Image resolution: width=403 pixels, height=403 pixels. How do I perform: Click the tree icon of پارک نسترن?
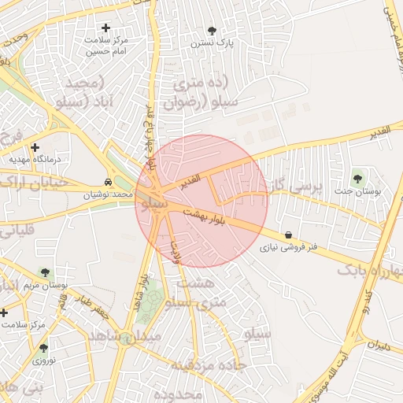point(212,31)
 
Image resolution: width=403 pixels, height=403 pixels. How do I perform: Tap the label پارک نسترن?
point(213,44)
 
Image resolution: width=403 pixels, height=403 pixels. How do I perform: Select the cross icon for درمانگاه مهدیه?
point(35,147)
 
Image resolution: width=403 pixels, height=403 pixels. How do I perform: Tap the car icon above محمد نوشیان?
point(108,180)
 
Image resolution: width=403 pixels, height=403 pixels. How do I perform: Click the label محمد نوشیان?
point(108,194)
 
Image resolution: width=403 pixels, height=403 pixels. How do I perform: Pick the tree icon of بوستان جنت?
point(359,178)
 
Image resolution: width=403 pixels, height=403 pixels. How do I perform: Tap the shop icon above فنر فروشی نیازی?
point(289,235)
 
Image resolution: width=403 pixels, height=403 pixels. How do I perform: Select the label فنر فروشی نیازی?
point(290,247)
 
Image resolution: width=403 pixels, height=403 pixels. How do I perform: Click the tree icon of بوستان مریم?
point(46,272)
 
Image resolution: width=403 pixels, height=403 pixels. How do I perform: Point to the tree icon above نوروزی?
point(43,347)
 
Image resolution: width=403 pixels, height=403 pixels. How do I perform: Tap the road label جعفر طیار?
point(95,305)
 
